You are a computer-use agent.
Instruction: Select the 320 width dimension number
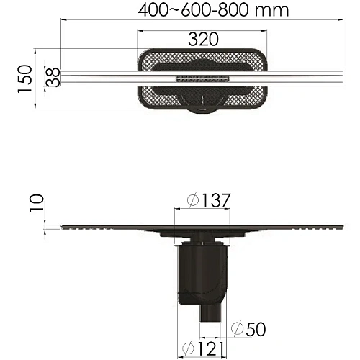tap(204, 40)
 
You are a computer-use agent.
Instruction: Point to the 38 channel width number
tap(52, 78)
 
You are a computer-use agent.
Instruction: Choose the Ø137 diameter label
tap(204, 201)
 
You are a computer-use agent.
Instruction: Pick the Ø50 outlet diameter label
tap(248, 328)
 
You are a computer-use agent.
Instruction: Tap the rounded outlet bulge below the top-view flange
tap(204, 107)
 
